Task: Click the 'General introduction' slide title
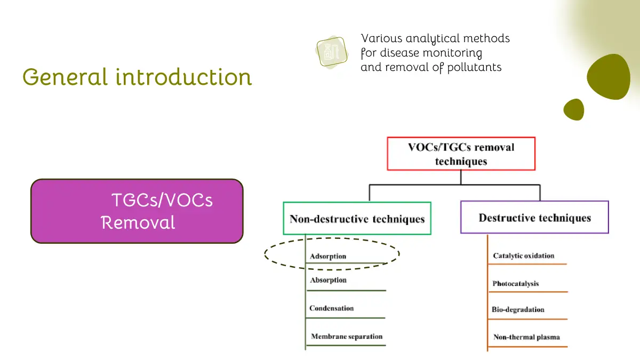click(137, 77)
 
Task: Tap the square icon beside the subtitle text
click(329, 52)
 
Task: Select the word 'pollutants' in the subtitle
click(475, 67)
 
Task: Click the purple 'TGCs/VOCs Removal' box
click(137, 211)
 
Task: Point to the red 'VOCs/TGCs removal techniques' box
click(461, 154)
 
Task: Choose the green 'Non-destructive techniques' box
click(357, 219)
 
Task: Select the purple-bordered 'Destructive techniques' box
click(534, 218)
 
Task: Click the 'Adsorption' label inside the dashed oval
click(328, 257)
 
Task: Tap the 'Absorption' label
click(328, 280)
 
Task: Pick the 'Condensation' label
click(331, 308)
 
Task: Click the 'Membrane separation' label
click(347, 337)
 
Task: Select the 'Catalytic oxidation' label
click(523, 256)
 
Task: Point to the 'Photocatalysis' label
click(515, 284)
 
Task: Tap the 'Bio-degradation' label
click(518, 309)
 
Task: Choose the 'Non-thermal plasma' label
click(526, 337)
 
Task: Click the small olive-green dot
click(574, 109)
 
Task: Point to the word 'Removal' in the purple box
click(138, 222)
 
